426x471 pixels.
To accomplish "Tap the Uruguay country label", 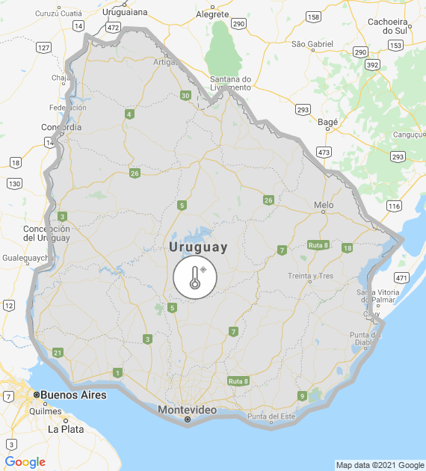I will click(198, 247).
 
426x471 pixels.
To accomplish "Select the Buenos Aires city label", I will click(73, 395).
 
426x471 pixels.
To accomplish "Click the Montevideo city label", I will click(187, 410).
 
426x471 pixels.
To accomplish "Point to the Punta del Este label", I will click(272, 416).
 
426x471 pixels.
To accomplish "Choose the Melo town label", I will click(324, 205).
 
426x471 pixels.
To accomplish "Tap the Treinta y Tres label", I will click(310, 276).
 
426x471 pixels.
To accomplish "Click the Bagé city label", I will click(328, 121).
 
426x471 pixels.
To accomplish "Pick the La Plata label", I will click(66, 430).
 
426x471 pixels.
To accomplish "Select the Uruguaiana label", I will click(125, 12).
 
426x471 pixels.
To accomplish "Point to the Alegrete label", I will click(212, 13).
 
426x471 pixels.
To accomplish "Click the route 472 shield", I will click(113, 27).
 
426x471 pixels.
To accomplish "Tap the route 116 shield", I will click(394, 206).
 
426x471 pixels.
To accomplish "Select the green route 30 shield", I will click(185, 95).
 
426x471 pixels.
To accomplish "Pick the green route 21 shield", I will click(58, 352).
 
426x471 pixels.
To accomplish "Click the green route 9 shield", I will click(302, 395).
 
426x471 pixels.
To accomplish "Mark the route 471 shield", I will click(402, 277).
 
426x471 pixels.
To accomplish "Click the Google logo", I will click(25, 462).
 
